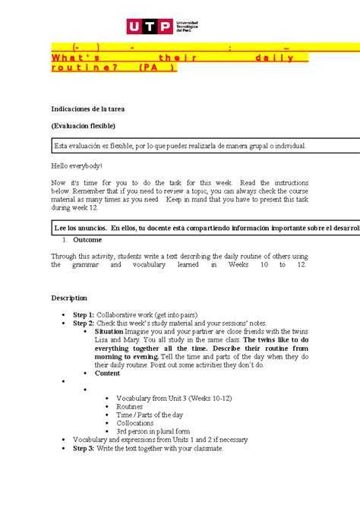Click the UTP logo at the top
pyautogui.click(x=179, y=28)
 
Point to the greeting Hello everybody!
pyautogui.click(x=76, y=165)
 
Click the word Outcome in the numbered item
pyautogui.click(x=88, y=239)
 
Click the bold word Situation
pyautogui.click(x=115, y=332)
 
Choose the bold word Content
pyautogui.click(x=107, y=373)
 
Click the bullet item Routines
pyautogui.click(x=132, y=406)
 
